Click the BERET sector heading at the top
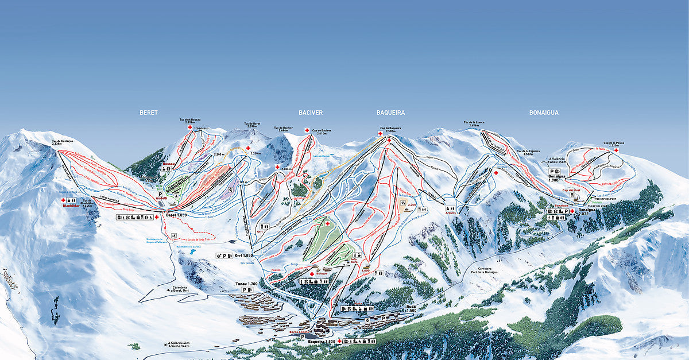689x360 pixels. click(x=148, y=113)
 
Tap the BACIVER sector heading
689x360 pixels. click(x=311, y=113)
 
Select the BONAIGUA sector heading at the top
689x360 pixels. click(x=544, y=113)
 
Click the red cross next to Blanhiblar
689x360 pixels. click(x=64, y=200)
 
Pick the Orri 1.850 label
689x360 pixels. click(x=243, y=255)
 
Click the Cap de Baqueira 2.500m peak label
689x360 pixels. click(x=390, y=129)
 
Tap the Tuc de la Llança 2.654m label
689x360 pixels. click(x=474, y=124)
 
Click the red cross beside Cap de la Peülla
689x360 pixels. click(x=616, y=150)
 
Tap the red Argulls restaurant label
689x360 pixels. click(x=451, y=212)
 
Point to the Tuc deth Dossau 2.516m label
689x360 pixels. click(x=189, y=121)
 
